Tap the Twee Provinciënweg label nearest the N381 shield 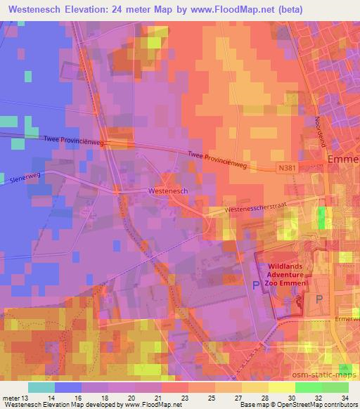pos(220,160)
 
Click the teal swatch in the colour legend pos(41,387)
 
